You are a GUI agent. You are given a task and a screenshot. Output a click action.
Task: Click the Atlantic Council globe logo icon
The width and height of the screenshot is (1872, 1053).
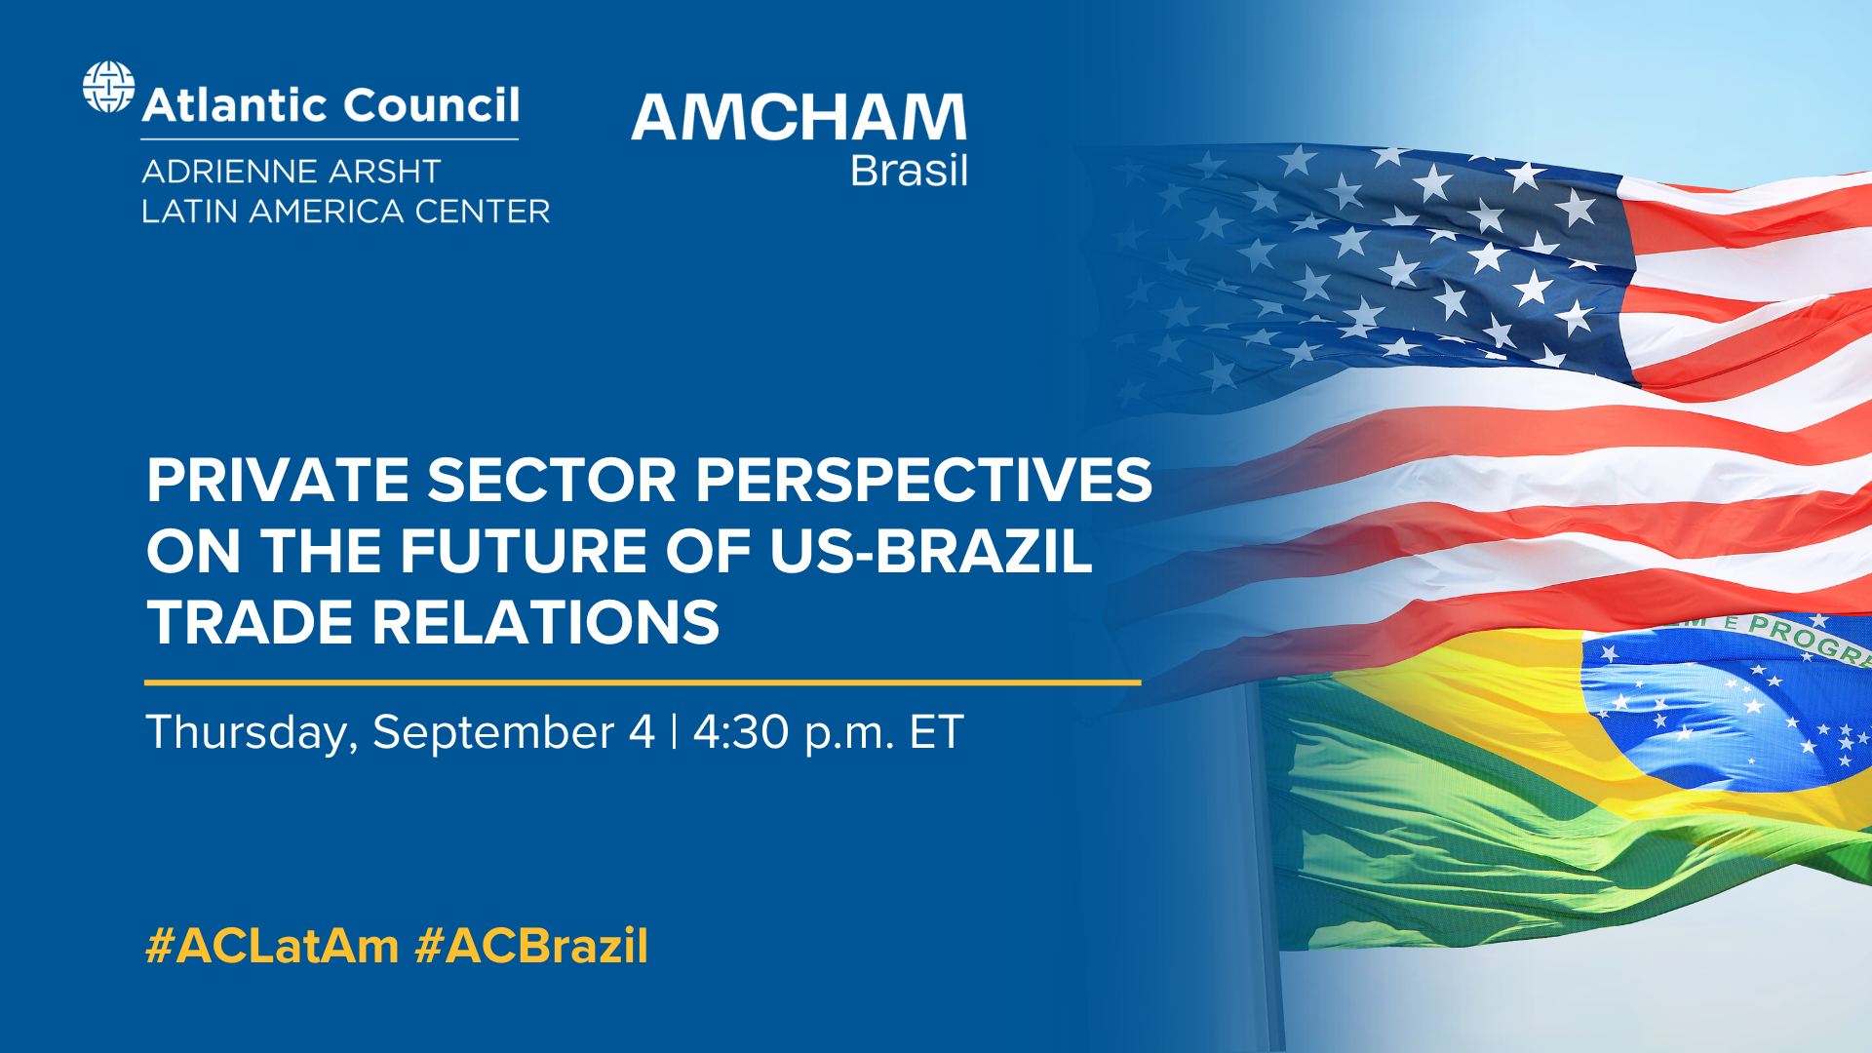(x=108, y=87)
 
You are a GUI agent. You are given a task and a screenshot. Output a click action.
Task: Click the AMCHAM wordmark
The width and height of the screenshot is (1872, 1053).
(x=799, y=118)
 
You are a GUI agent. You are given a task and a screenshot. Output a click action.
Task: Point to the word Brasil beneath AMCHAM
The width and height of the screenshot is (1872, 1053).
(x=909, y=172)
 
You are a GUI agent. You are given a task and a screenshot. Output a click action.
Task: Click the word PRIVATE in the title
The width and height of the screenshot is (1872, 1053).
(x=277, y=481)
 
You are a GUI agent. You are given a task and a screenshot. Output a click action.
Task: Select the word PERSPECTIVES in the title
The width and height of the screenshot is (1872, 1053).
(x=923, y=481)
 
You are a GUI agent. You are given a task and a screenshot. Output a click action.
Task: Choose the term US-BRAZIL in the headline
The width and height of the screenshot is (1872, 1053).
(x=930, y=552)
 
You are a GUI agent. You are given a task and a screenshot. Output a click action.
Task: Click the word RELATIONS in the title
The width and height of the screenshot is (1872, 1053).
(x=546, y=623)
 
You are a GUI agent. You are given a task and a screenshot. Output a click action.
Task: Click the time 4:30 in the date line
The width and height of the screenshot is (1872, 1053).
(x=740, y=732)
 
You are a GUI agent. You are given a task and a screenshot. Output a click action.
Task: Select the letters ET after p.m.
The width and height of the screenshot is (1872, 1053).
(x=936, y=732)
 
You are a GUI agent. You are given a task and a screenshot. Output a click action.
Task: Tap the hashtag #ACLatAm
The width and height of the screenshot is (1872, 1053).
(x=272, y=946)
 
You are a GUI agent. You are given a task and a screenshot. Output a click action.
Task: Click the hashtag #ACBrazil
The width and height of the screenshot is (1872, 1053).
(x=531, y=946)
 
